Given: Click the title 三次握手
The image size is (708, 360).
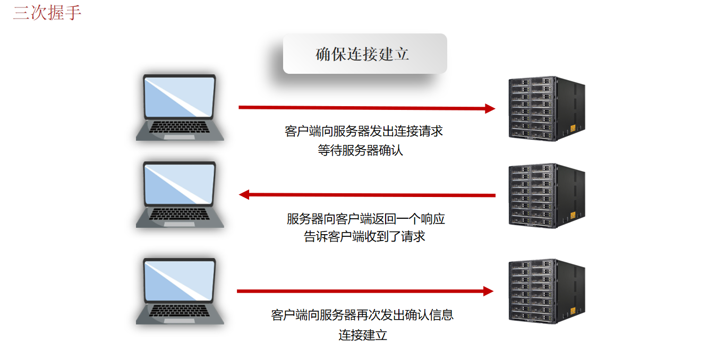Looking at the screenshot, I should coord(47,12).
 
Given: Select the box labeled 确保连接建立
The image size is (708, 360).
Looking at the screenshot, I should coord(364,54).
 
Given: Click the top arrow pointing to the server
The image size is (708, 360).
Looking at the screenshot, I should coord(366,108).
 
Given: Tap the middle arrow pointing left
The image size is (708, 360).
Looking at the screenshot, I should coord(366,195).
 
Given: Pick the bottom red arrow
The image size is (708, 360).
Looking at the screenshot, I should coord(365,291).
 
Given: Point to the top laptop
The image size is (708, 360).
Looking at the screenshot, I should coord(180,107).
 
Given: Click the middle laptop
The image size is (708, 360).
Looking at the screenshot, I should coord(180,194).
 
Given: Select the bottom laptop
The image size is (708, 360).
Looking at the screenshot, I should coord(180,291).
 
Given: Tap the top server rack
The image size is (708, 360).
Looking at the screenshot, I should coord(547,108).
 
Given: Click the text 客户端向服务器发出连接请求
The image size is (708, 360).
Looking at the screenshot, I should coord(364,131).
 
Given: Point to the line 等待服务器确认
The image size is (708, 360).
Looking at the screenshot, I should coord(361,150).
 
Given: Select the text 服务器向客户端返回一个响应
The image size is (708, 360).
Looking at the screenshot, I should coord(365,218).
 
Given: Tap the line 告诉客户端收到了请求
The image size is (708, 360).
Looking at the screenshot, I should coord(364,236).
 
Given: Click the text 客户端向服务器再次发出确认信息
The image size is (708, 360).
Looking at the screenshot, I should coord(362,315).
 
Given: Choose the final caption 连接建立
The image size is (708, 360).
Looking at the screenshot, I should coord(363,335).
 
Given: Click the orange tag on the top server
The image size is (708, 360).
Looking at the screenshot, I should coord(573,128).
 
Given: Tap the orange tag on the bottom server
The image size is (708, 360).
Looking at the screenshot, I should coord(573,311).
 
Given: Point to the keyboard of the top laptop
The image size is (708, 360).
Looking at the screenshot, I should coord(180,128).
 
